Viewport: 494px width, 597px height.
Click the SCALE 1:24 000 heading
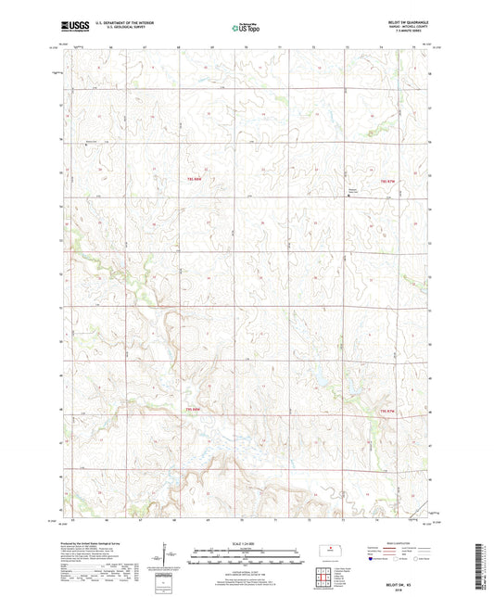(246, 542)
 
